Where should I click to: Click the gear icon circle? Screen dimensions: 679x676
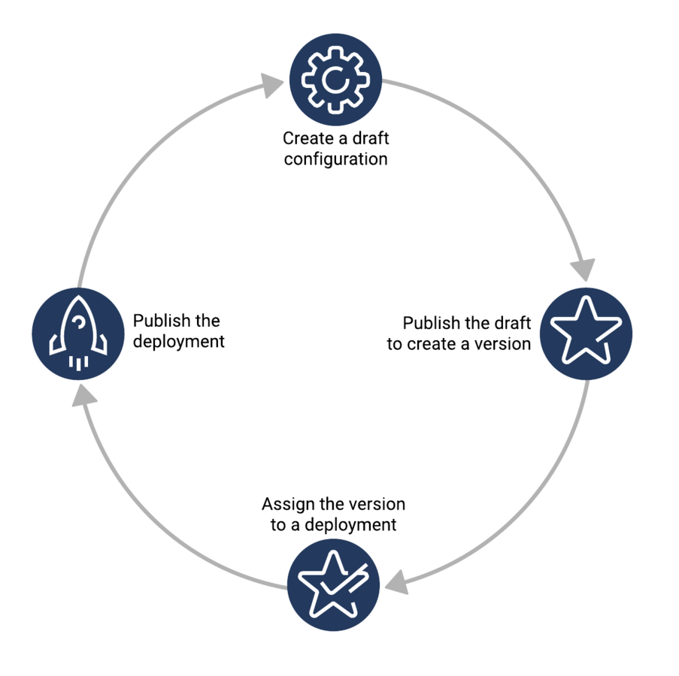pos(335,80)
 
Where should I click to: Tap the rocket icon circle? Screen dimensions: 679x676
pos(78,333)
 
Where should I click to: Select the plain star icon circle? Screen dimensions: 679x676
pos(586,333)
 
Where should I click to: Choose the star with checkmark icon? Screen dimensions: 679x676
pos(333,584)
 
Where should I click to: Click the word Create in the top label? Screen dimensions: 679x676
pos(308,138)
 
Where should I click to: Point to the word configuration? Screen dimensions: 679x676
pos(335,159)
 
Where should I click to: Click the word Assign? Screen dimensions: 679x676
pos(289,504)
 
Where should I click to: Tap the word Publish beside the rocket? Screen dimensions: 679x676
pos(162,321)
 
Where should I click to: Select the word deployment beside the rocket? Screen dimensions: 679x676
pos(179,342)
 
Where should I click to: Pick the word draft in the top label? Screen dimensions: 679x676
pos(371,138)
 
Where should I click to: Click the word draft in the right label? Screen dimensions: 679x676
pos(513,323)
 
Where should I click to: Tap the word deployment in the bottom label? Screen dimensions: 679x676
pos(350,525)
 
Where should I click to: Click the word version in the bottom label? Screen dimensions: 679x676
pos(377,504)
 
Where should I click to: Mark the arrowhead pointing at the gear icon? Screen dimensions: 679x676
pos(272,85)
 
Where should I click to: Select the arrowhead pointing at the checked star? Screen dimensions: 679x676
pos(397,581)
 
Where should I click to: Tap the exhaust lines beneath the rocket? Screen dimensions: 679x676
pos(78,364)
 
